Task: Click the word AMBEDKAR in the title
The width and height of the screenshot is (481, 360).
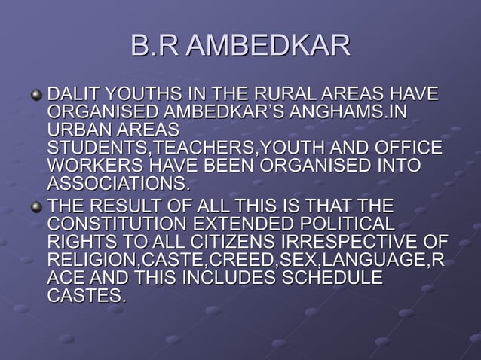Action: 268,46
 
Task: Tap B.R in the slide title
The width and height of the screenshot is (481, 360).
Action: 155,46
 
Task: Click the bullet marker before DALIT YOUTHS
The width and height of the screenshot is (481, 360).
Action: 35,96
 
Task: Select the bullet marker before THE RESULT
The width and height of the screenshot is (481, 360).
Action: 35,207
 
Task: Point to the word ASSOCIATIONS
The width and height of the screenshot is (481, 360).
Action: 117,183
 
